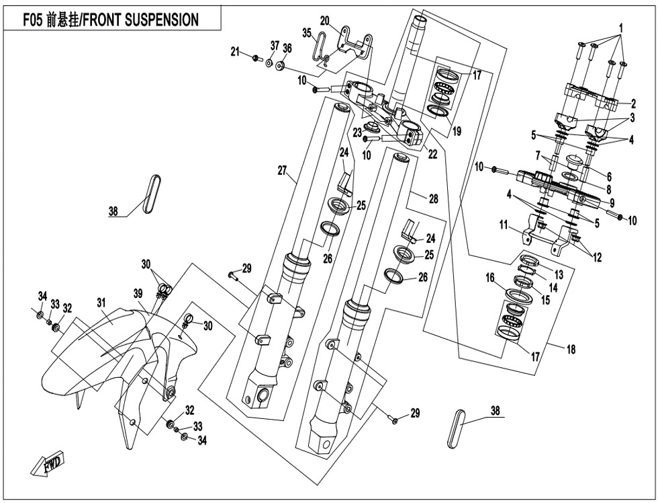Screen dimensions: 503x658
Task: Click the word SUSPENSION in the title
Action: pos(158,20)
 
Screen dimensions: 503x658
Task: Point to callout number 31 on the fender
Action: pos(101,303)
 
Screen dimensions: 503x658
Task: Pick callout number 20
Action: pos(325,19)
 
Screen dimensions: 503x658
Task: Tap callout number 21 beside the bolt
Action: pos(235,52)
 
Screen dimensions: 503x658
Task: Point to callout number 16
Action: pos(491,277)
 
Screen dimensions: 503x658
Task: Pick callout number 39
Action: pos(138,293)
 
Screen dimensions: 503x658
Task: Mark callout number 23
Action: pos(358,132)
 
